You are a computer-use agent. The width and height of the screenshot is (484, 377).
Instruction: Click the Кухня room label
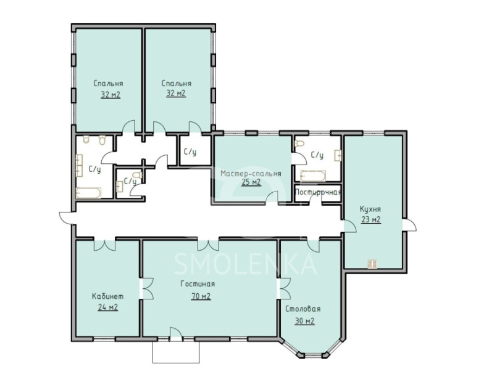pos(370,209)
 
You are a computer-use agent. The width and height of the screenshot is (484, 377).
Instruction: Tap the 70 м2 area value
pos(199,296)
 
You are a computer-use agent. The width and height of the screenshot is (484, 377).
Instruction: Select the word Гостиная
pos(198,284)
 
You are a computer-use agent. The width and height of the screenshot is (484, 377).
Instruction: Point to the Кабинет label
pos(107,296)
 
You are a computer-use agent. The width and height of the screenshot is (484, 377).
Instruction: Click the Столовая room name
pos(303,309)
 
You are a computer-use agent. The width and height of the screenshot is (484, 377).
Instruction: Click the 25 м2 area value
pos(250,183)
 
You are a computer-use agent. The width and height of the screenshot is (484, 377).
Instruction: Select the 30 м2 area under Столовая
pos(304,321)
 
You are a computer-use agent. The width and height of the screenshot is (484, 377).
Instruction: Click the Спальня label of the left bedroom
pos(109,83)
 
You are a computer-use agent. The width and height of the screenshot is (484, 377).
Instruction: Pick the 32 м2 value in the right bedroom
pos(176,94)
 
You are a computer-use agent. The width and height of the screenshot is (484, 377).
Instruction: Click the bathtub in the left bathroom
pos(88,193)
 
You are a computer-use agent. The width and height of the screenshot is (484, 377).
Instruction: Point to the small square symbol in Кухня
pos(372,264)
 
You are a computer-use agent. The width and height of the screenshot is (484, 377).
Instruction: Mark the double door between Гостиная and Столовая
pos(282,288)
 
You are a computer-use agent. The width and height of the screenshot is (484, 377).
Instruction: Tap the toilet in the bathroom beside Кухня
pos(300,144)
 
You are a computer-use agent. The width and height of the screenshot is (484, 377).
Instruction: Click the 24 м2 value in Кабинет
pos(107,307)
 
